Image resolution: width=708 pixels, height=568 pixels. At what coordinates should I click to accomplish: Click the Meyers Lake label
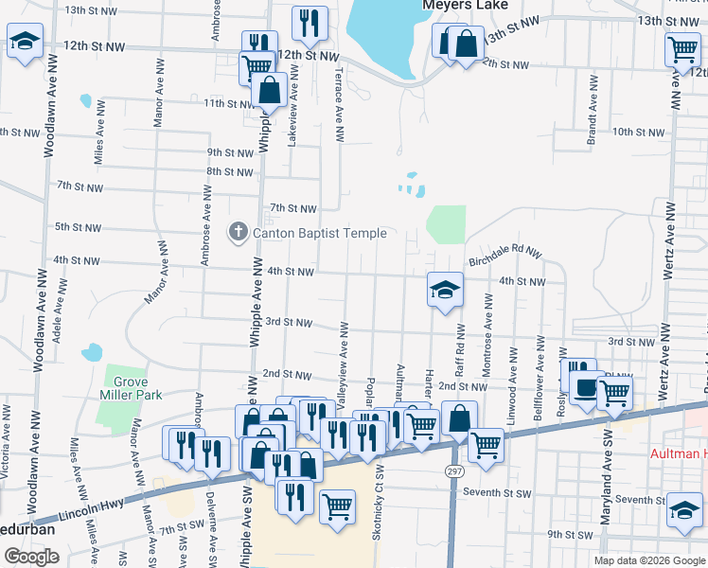[461, 5]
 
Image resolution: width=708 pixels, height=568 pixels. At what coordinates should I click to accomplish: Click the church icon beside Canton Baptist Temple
[238, 231]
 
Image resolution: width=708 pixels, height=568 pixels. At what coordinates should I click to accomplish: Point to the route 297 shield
[451, 470]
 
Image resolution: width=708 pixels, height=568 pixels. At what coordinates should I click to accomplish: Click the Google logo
[32, 557]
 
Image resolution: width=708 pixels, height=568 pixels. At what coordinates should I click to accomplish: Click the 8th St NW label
[231, 172]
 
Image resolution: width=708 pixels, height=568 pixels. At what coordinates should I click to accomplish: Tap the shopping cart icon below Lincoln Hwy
[337, 506]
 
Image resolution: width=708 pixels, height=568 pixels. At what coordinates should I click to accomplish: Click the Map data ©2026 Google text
[649, 560]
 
